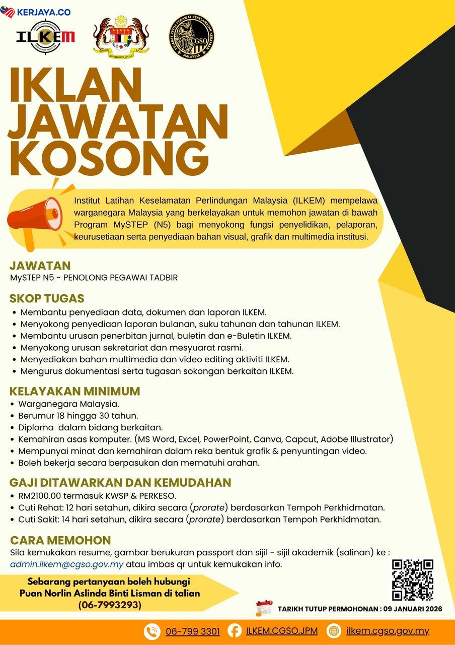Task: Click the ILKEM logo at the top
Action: (46, 36)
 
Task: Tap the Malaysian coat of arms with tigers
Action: (121, 36)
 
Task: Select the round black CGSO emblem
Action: (192, 36)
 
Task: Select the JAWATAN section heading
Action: (40, 266)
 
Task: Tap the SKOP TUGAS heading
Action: (47, 298)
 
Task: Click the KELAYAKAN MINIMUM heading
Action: (74, 392)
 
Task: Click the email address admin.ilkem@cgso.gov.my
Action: (67, 564)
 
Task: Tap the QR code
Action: (413, 580)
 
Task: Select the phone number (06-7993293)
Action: (110, 605)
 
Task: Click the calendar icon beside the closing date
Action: (264, 608)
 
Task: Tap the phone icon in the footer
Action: (151, 631)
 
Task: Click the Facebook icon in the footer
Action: (235, 630)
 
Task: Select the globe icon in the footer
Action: (334, 630)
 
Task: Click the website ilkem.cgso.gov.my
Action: (388, 631)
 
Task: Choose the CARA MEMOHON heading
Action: (60, 540)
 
